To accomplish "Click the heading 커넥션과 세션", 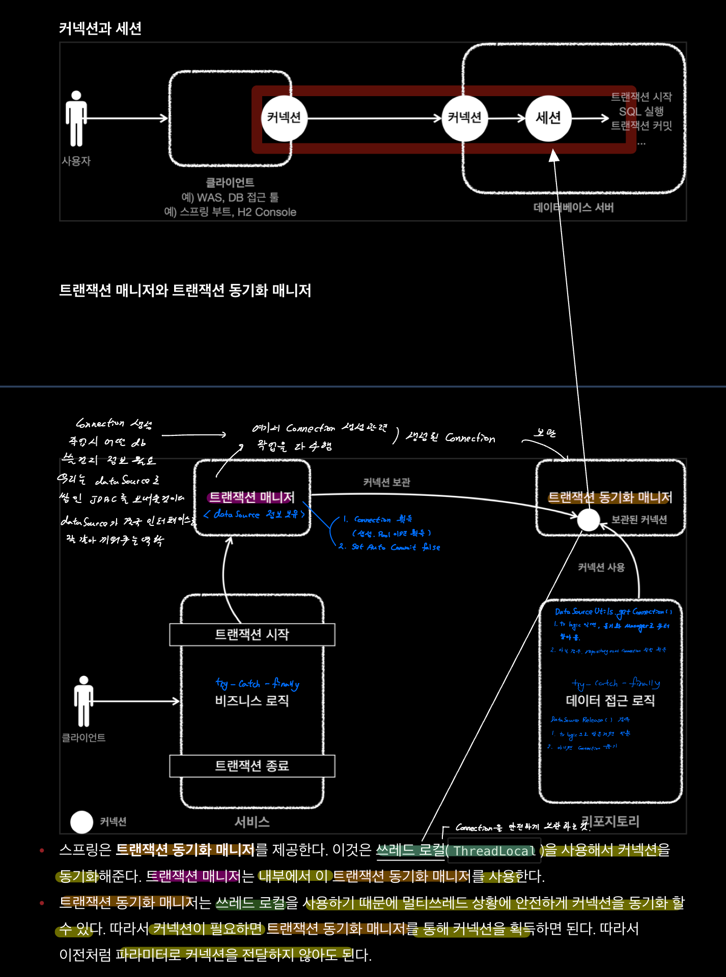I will pyautogui.click(x=100, y=28).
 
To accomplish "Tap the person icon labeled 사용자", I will pyautogui.click(x=76, y=119).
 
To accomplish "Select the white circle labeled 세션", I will pyautogui.click(x=548, y=119).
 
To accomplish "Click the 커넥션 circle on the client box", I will pyautogui.click(x=284, y=119).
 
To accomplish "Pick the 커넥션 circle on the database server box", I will pyautogui.click(x=464, y=119).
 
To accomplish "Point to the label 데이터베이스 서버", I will pyautogui.click(x=573, y=208).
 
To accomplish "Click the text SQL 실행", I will pyautogui.click(x=641, y=111).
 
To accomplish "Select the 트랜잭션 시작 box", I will pyautogui.click(x=252, y=635).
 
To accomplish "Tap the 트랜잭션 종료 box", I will pyautogui.click(x=252, y=766).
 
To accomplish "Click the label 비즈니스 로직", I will pyautogui.click(x=252, y=701).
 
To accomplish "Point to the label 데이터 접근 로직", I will pyautogui.click(x=610, y=701).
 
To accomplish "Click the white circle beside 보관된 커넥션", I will pyautogui.click(x=589, y=520).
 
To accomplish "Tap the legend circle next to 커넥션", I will pyautogui.click(x=81, y=822).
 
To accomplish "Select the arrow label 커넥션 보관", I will pyautogui.click(x=386, y=482).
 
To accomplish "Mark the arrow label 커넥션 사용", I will pyautogui.click(x=601, y=567).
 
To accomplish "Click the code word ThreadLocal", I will pyautogui.click(x=494, y=851).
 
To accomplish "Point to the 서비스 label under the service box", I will pyautogui.click(x=252, y=822).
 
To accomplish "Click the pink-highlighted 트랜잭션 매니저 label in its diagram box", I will pyautogui.click(x=252, y=497).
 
